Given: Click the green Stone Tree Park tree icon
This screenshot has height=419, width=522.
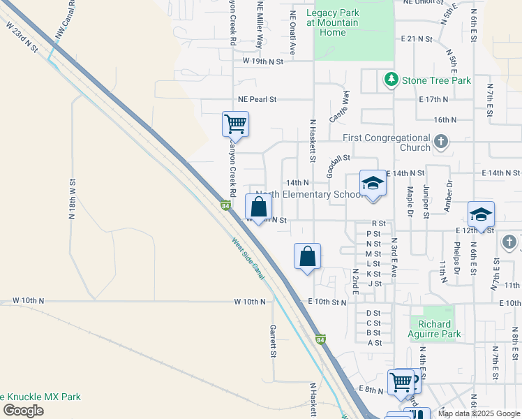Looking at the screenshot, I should (x=391, y=80).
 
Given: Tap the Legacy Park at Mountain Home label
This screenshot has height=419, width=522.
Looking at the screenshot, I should (x=332, y=23).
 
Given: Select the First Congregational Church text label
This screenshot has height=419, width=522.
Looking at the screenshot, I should (x=395, y=142).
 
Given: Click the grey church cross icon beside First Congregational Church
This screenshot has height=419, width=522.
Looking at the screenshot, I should (x=440, y=142).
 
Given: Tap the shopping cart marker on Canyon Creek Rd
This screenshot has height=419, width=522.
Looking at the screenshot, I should (x=235, y=124).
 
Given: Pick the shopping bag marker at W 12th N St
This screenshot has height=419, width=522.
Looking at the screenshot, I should (x=258, y=207).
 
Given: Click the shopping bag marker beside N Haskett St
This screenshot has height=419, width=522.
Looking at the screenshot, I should (x=307, y=256).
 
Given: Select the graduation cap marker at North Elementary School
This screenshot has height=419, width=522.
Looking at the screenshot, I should (x=373, y=184).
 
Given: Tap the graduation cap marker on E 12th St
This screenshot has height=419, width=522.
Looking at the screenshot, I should (x=481, y=214).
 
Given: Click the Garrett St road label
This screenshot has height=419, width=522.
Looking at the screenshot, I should (x=274, y=341).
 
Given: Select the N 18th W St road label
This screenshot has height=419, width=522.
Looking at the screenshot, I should (x=71, y=199).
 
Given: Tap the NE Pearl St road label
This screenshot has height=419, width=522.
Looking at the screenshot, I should (x=257, y=100).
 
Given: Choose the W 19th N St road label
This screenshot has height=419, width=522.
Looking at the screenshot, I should (x=263, y=61).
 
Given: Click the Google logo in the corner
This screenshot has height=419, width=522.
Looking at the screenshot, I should (x=24, y=411).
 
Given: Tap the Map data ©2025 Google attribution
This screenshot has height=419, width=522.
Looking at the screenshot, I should (x=479, y=413).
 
